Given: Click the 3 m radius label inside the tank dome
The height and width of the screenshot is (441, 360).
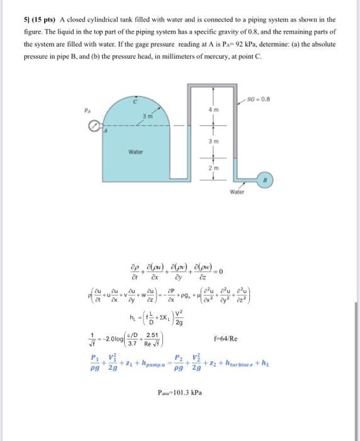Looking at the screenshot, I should click(144, 116).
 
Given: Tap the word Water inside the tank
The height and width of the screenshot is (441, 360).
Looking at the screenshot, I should click(135, 152).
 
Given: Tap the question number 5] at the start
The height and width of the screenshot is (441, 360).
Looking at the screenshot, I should click(28, 20).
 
